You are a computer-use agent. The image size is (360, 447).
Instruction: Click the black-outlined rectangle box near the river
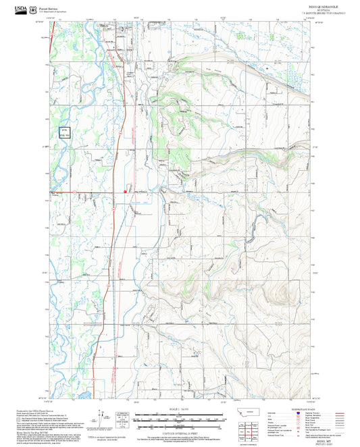point(64,132)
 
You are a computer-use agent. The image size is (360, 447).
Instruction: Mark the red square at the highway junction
point(126,191)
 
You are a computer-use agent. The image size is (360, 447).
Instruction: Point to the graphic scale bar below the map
point(180,419)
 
